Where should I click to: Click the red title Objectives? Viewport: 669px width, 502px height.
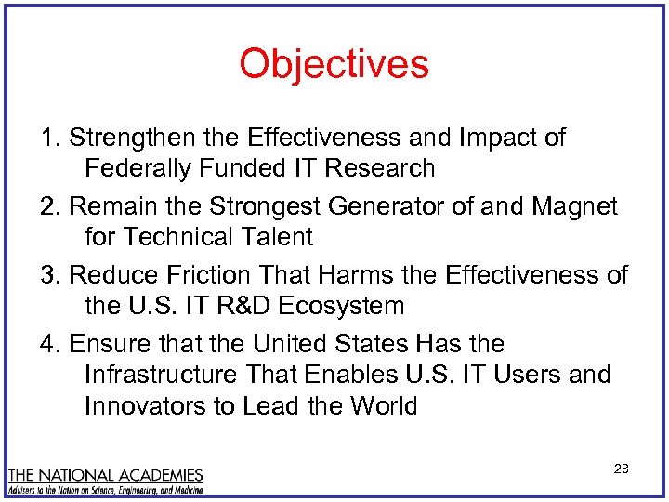tap(334, 64)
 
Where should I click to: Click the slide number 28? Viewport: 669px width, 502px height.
tap(622, 469)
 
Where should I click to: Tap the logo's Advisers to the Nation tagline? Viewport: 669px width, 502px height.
tap(106, 488)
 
